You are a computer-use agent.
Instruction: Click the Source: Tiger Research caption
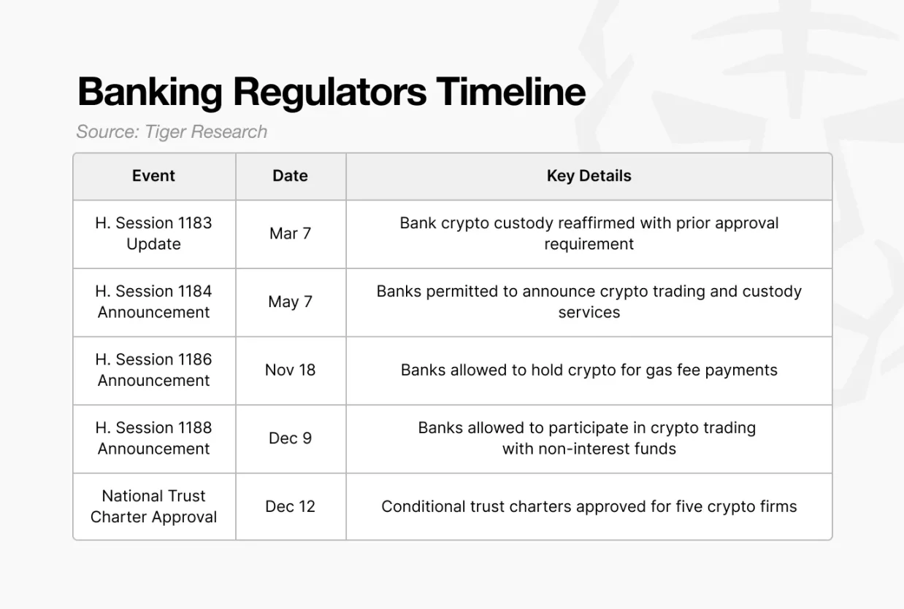click(172, 132)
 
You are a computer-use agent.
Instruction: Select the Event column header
click(153, 176)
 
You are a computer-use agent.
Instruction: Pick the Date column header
click(290, 176)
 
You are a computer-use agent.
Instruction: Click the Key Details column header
click(589, 176)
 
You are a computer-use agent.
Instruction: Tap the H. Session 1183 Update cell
click(153, 233)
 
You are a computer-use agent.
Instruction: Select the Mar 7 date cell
click(290, 233)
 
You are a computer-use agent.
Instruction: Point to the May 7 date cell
click(290, 302)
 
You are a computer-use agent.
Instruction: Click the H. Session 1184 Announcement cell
click(153, 302)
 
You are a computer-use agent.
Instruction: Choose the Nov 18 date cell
click(290, 370)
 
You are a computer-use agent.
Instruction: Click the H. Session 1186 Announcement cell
click(153, 370)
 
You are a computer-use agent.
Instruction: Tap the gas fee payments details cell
click(589, 370)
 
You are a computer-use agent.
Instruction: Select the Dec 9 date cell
click(290, 438)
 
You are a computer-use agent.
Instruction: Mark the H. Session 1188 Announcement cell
click(153, 438)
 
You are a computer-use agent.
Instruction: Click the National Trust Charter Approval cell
click(153, 506)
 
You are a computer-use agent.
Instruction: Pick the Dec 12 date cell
click(290, 506)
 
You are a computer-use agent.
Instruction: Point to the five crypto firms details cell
click(589, 506)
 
